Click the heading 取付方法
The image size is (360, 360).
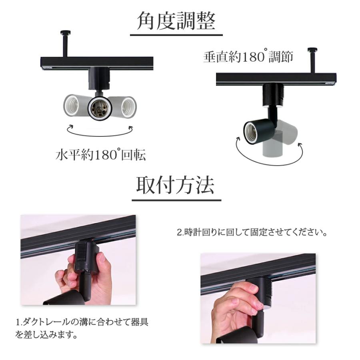tap(176, 185)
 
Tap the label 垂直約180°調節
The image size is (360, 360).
tap(248, 57)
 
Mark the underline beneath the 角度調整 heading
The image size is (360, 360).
tap(176, 36)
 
